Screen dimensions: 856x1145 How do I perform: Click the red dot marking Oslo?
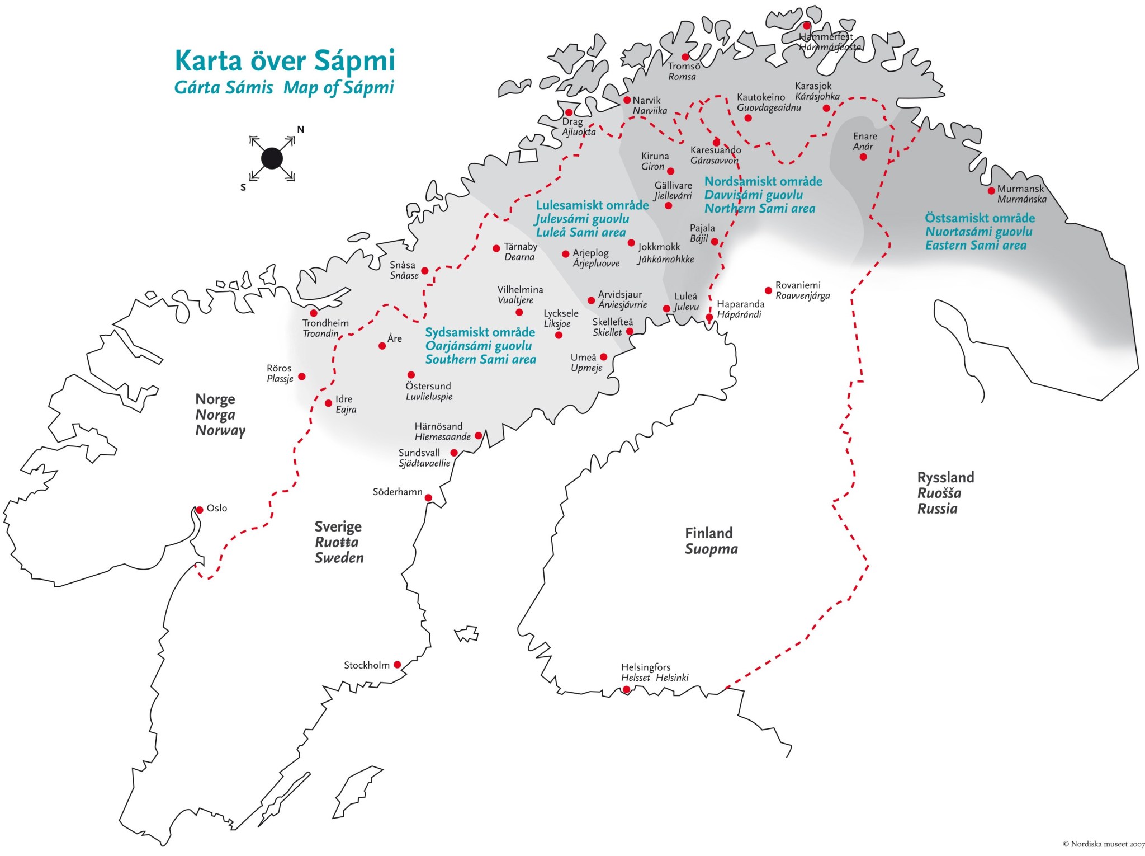tap(200, 510)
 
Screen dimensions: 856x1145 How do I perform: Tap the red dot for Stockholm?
tap(398, 665)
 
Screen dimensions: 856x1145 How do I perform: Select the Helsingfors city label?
tap(645, 667)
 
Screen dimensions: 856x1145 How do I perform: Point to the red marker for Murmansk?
tap(991, 190)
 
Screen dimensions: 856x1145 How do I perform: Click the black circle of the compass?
tap(272, 159)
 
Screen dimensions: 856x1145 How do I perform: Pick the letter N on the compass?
tap(301, 130)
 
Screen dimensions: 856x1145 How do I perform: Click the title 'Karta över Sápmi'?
tap(285, 60)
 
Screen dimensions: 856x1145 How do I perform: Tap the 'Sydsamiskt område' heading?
tap(480, 332)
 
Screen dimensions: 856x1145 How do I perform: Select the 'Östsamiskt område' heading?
tap(980, 218)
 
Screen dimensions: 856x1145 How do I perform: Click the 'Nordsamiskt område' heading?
tap(763, 181)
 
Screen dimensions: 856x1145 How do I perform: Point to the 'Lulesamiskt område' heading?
tap(592, 205)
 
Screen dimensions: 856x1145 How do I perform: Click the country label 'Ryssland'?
tap(945, 477)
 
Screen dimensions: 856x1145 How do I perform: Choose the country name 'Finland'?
tap(708, 533)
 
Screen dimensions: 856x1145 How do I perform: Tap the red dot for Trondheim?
tap(314, 313)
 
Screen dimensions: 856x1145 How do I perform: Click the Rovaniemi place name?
tap(798, 285)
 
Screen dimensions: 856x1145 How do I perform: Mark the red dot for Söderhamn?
tap(428, 497)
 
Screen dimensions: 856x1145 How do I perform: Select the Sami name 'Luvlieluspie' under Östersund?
tap(429, 397)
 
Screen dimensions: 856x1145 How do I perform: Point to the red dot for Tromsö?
tap(685, 57)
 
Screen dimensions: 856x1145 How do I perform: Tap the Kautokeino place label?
tap(760, 97)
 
